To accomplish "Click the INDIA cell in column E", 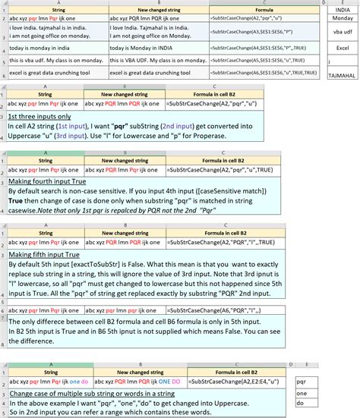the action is point(343,10).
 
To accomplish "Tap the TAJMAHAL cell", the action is point(343,75).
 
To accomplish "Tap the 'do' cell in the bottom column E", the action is point(302,405).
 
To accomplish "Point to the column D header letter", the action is point(323,2).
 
